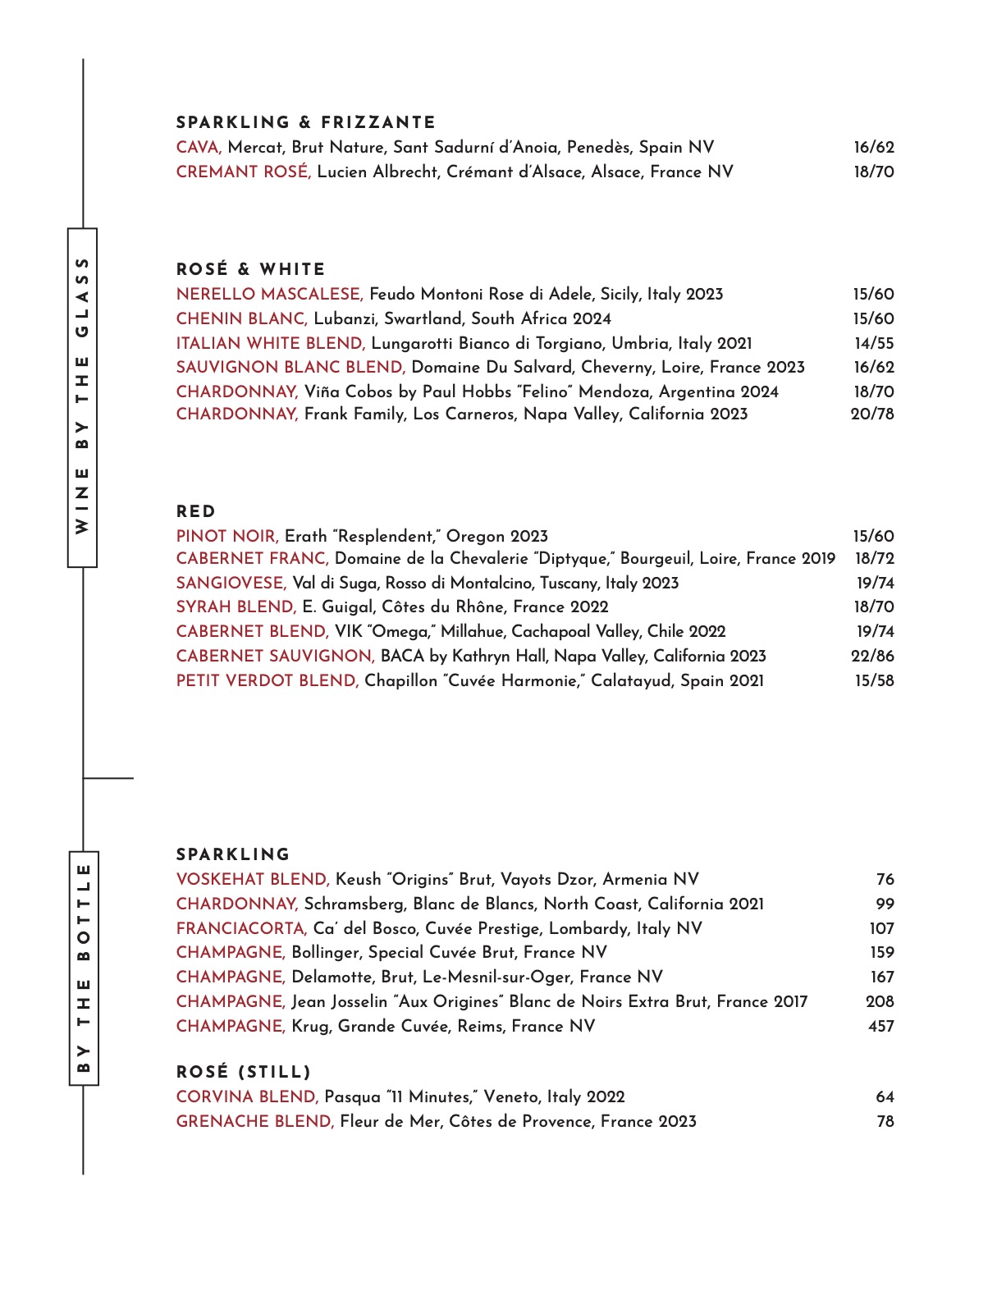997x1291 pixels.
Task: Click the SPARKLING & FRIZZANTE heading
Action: (305, 123)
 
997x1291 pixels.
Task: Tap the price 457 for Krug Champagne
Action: (880, 1026)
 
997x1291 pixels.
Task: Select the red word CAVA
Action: (199, 148)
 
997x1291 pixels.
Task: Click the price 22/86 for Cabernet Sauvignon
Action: (872, 656)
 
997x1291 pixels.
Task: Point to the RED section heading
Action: (196, 512)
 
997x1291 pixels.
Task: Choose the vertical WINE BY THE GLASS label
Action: (82, 396)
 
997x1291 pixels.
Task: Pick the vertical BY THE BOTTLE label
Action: (83, 968)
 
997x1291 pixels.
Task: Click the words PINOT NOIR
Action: (227, 537)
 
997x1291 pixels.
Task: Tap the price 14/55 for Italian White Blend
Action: (874, 343)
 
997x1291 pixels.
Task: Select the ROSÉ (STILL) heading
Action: (244, 1072)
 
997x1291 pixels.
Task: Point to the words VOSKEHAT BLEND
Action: (253, 880)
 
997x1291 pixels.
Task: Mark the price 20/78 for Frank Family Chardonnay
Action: (872, 414)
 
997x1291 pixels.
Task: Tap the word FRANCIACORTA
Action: (241, 929)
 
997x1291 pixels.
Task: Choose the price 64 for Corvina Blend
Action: (885, 1097)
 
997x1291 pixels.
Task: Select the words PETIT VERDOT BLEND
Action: (268, 681)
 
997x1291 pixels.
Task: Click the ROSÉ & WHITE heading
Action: (250, 270)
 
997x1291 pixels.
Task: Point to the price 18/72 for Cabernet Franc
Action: (874, 559)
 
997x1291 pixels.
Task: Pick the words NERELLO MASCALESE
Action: (269, 295)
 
